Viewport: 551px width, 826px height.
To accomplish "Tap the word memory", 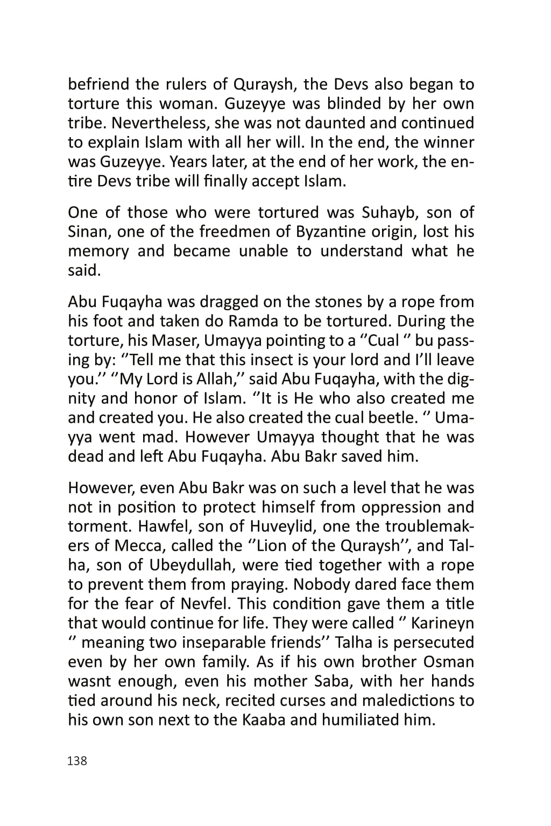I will [x=98, y=251].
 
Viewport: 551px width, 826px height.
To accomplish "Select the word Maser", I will [x=175, y=341].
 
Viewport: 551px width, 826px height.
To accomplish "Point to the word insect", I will [x=293, y=360].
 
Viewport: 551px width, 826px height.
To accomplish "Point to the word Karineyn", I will [x=442, y=623].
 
